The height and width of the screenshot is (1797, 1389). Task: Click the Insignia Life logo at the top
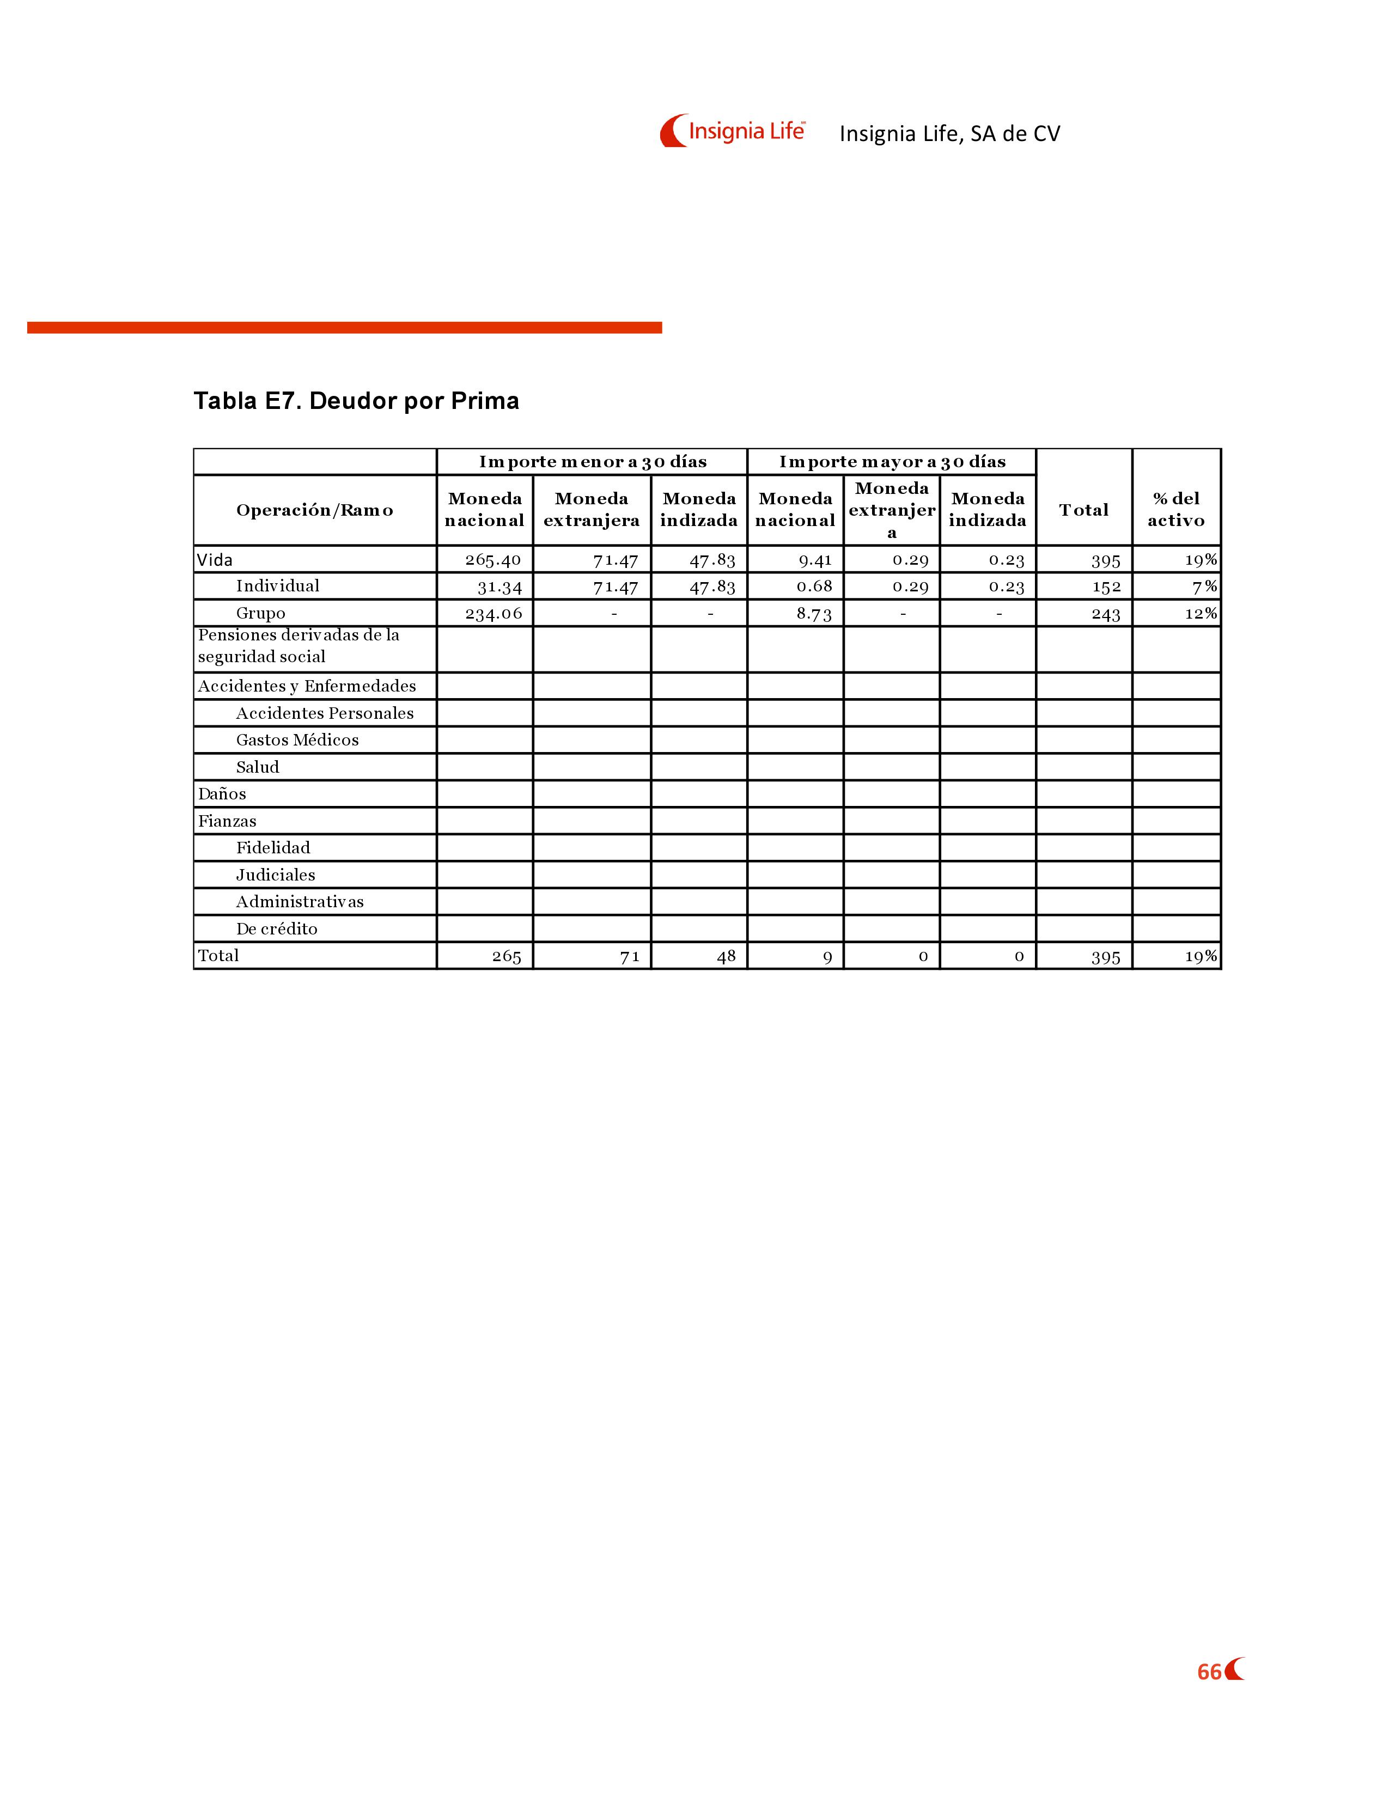(x=732, y=131)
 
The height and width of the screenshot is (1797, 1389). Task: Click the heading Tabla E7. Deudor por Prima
(x=356, y=401)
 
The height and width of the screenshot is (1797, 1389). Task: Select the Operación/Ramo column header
(x=314, y=510)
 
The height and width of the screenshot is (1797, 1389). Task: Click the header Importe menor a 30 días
(x=593, y=462)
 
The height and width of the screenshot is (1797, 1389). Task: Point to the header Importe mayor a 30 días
(x=892, y=462)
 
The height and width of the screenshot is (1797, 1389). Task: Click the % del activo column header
(x=1176, y=509)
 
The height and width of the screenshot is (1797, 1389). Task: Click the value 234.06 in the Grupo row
(x=493, y=614)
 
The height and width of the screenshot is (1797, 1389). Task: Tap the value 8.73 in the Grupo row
(x=814, y=614)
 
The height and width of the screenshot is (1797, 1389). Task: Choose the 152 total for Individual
(x=1106, y=586)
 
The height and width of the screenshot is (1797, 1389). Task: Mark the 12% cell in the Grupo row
(x=1200, y=614)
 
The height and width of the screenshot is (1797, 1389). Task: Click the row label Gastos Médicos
(x=297, y=739)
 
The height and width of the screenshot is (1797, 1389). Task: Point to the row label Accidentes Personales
(x=324, y=713)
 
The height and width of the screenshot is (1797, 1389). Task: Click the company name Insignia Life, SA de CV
(x=949, y=133)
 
